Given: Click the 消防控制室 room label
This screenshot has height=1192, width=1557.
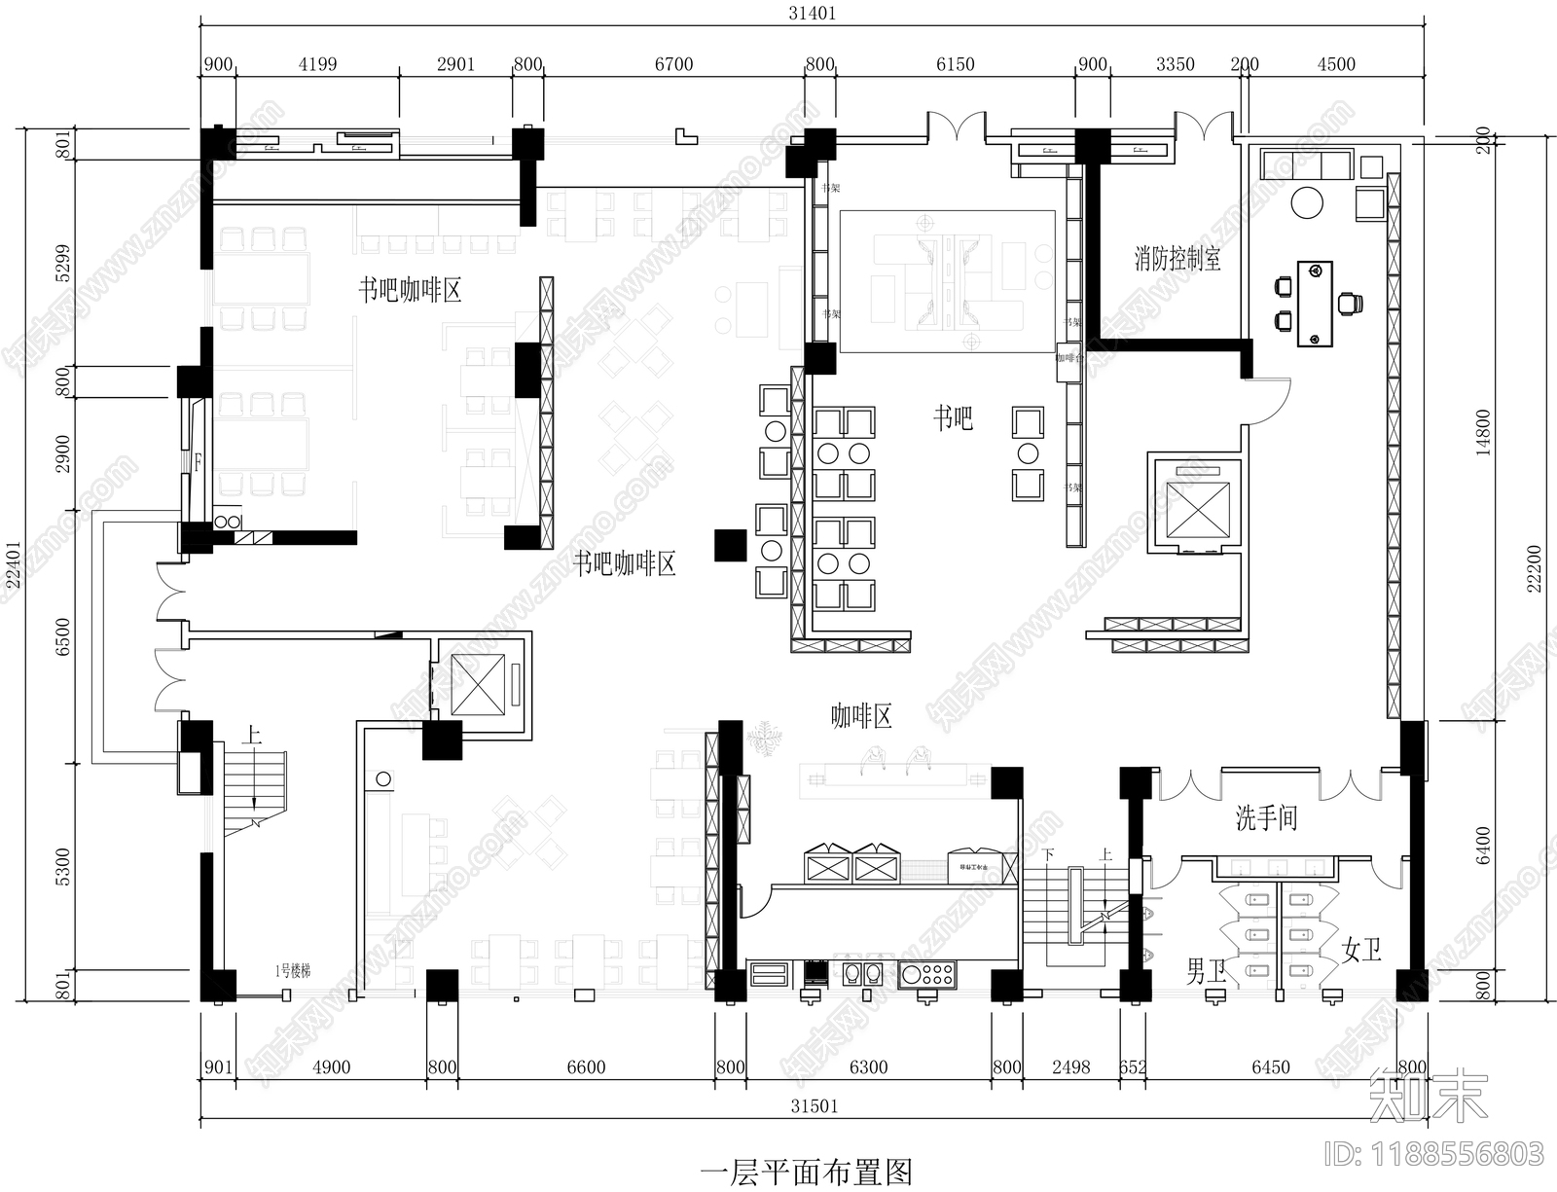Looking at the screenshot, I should tap(1177, 259).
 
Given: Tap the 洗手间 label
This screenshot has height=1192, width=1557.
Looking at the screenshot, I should tap(1266, 817).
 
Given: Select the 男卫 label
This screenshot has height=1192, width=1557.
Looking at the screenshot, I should tap(1207, 970).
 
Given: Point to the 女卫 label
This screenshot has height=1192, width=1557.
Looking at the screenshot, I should tap(1361, 949).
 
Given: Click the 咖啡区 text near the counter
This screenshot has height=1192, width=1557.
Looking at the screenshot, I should tap(861, 717).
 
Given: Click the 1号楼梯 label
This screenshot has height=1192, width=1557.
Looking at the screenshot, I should tap(292, 970).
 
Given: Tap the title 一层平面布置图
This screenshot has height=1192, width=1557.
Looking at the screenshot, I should tap(806, 1172).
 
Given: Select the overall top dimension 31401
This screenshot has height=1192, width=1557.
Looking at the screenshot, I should tap(812, 14).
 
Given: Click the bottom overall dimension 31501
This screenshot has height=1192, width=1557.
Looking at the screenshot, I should tap(814, 1106).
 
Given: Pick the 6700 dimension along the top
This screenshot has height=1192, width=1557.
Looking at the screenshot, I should tap(673, 64).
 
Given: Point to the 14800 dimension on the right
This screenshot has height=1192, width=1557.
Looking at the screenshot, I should tap(1482, 432).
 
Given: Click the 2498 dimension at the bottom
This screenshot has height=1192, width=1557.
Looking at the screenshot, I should tap(1070, 1067).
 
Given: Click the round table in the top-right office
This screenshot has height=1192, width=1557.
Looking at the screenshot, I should tap(1306, 202).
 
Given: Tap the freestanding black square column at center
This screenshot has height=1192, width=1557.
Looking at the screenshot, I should tap(730, 545).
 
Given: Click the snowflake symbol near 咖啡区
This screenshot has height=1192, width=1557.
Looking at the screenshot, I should tap(766, 737).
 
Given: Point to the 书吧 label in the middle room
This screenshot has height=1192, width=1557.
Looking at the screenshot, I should tap(953, 418).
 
